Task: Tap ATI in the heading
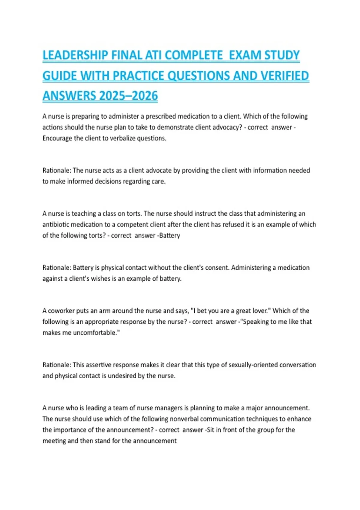pos(154,55)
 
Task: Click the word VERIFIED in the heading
pos(284,76)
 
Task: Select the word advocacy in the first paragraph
pos(228,127)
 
